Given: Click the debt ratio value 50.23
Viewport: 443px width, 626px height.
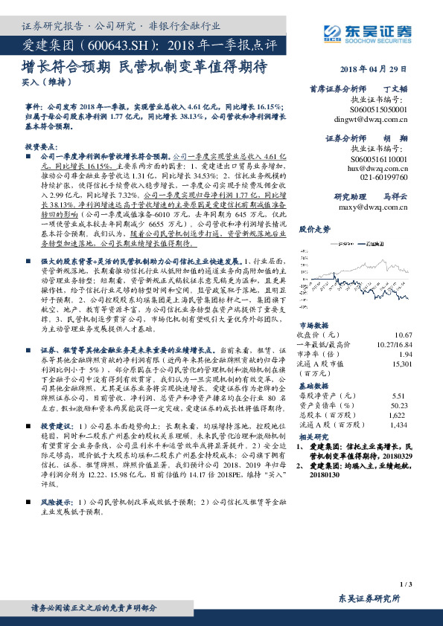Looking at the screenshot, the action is pyautogui.click(x=402, y=405).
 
